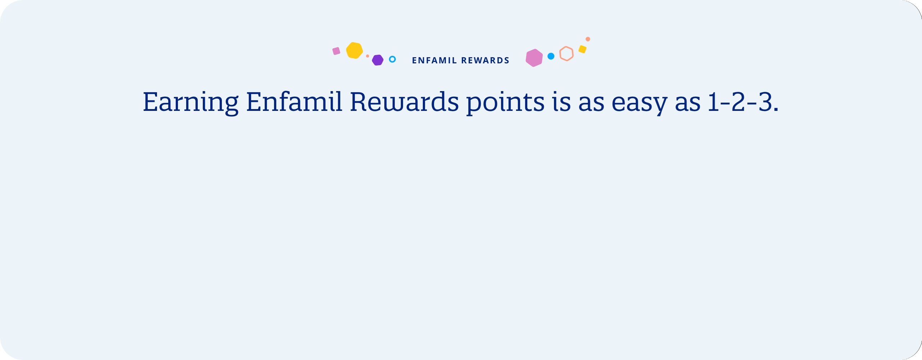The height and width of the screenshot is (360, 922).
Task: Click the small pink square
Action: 336,51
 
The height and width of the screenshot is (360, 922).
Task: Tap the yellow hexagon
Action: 354,50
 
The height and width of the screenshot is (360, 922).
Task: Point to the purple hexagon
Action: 378,60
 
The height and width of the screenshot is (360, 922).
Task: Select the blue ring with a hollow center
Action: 393,59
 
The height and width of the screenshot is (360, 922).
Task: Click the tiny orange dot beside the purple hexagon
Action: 367,56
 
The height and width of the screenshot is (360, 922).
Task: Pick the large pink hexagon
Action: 534,58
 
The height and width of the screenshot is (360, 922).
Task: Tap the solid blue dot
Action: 551,56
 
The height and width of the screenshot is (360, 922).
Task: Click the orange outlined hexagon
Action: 560,54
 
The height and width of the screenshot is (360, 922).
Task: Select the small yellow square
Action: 582,49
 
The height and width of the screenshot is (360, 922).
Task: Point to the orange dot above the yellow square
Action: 588,39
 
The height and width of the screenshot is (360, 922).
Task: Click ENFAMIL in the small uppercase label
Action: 434,60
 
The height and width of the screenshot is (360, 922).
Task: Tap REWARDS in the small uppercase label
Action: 485,60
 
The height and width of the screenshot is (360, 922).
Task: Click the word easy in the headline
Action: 640,105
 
